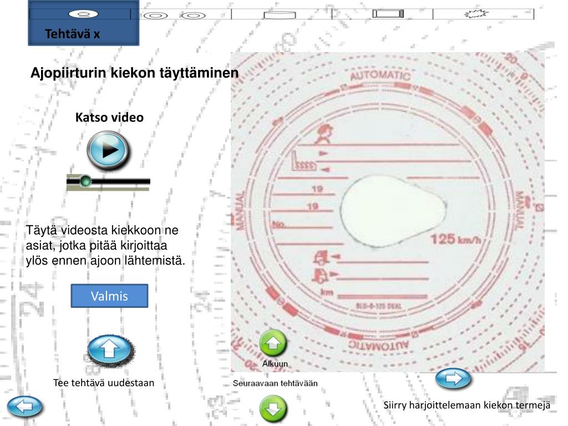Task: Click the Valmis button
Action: pyautogui.click(x=109, y=296)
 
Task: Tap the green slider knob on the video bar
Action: pyautogui.click(x=85, y=181)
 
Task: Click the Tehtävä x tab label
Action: pyautogui.click(x=73, y=34)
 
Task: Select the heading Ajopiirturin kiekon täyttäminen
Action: pyautogui.click(x=135, y=73)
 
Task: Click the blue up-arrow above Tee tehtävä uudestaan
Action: pyautogui.click(x=110, y=349)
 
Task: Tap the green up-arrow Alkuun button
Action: pyautogui.click(x=273, y=344)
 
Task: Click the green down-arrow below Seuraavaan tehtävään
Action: pyautogui.click(x=273, y=409)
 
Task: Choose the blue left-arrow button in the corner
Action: pyautogui.click(x=24, y=407)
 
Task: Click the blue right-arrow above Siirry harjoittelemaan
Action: pyautogui.click(x=453, y=379)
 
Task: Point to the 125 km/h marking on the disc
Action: pyautogui.click(x=455, y=240)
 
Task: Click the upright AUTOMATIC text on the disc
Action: pyautogui.click(x=381, y=75)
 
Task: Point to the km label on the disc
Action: pyautogui.click(x=327, y=292)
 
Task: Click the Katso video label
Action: pyautogui.click(x=109, y=117)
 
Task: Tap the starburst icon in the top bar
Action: pyautogui.click(x=475, y=14)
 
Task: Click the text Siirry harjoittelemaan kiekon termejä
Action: pyautogui.click(x=466, y=405)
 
